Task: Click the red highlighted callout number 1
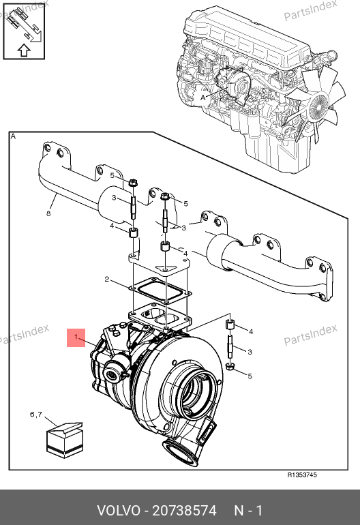click(x=76, y=337)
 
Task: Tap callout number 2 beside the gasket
click(x=107, y=279)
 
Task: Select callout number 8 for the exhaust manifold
click(x=48, y=213)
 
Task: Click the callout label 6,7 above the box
click(x=36, y=415)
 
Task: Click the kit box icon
click(x=65, y=440)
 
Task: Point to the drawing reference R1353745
click(x=302, y=475)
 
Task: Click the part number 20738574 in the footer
click(x=185, y=511)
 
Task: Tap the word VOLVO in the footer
click(x=119, y=511)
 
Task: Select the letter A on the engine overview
click(x=203, y=97)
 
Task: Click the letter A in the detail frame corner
click(x=13, y=136)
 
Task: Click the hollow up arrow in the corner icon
click(x=24, y=50)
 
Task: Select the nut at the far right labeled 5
click(x=229, y=367)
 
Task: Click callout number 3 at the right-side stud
click(x=250, y=352)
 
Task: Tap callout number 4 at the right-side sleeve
click(x=250, y=331)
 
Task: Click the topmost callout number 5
click(x=112, y=175)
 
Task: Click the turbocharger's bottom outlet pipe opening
click(x=180, y=452)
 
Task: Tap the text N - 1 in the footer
click(x=248, y=511)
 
